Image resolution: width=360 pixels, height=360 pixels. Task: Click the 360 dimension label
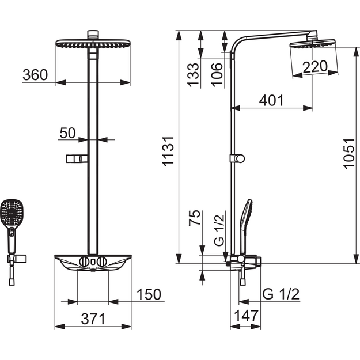35,75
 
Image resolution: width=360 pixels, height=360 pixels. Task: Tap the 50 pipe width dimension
67,133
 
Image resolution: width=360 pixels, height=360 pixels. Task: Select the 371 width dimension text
93,319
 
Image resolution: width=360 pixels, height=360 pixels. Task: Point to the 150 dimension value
149,294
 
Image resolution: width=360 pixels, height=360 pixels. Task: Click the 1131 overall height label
168,151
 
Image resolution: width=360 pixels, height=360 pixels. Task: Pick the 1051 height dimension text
349,154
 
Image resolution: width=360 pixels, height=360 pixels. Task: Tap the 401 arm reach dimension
271,100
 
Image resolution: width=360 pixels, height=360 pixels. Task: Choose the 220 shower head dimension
314,67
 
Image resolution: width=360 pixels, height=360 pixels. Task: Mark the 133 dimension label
193,75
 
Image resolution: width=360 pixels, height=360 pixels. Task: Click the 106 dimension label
217,75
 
